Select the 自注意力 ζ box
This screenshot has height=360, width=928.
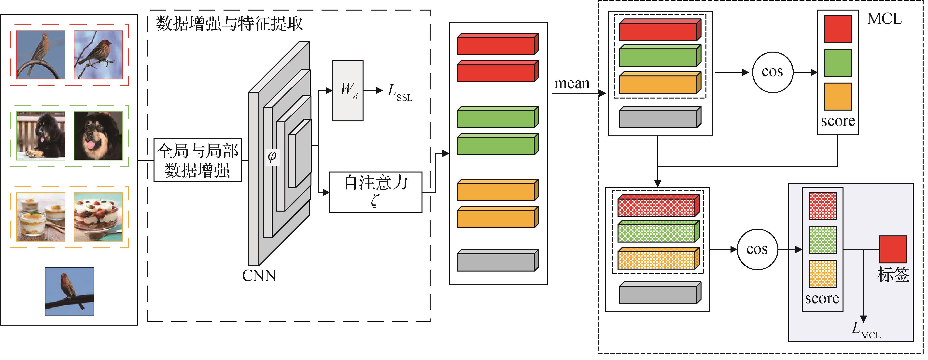pos(375,192)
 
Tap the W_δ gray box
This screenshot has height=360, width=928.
pos(348,90)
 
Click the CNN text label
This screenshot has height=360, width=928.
pos(259,276)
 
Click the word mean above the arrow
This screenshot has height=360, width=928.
pos(572,84)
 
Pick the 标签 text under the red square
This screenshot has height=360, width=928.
pos(893,274)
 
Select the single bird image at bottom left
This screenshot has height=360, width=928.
pos(69,291)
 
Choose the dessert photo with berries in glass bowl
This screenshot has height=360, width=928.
pos(98,217)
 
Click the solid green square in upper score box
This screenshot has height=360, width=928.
pos(838,63)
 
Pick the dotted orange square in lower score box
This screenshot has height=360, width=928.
pos(822,274)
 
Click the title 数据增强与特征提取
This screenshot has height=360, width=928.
pos(229,24)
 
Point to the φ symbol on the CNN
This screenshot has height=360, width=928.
pos(272,156)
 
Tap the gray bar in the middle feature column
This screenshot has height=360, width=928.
pos(497,261)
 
